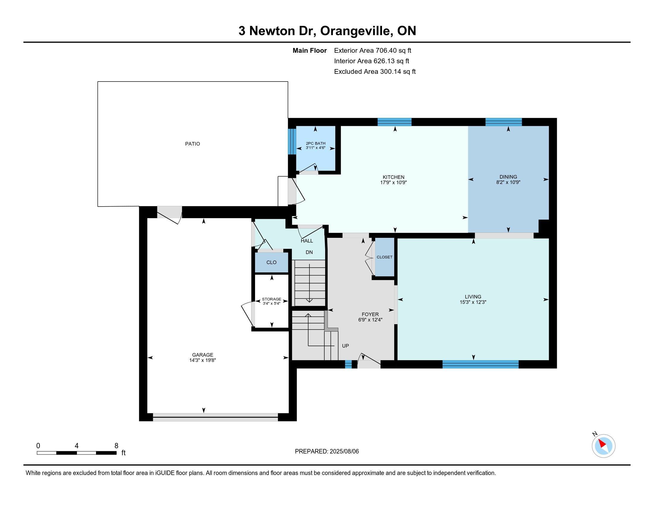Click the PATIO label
pos(192,144)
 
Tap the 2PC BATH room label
pos(315,143)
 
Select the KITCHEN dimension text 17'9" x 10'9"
pos(394,182)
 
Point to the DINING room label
pos(508,177)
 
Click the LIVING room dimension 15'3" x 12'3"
pos(473,302)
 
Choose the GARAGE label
pos(202,355)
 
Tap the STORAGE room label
pos(271,299)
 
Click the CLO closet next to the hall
pos(271,262)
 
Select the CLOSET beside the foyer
pos(384,257)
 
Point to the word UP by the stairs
pos(345,346)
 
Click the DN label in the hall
pos(309,252)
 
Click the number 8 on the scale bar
pos(116,446)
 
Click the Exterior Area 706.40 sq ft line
pos(372,51)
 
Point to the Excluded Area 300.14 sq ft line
pos(375,72)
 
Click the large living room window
pos(480,364)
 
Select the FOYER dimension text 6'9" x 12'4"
pos(370,320)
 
